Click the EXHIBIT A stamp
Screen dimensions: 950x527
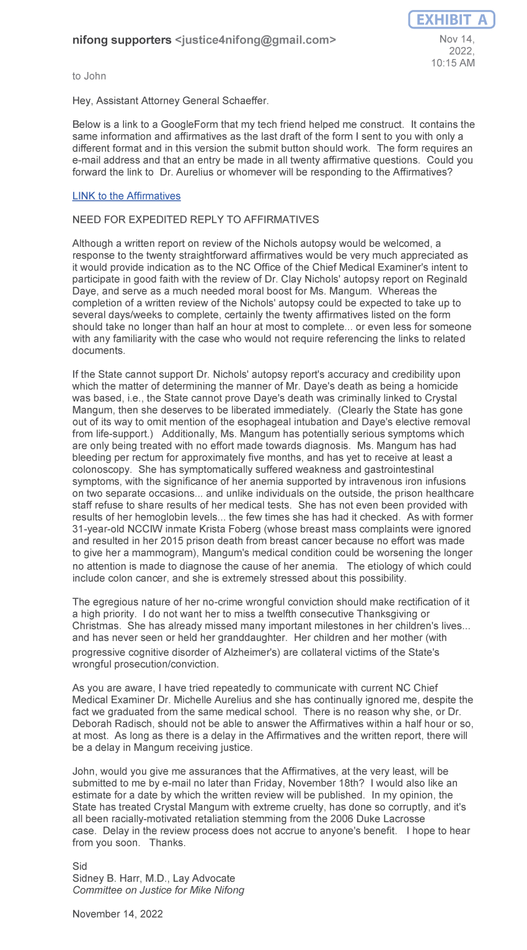pos(451,20)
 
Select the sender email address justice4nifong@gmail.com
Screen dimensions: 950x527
pos(255,40)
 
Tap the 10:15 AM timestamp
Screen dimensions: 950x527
pos(453,63)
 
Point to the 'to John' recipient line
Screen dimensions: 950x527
pos(89,76)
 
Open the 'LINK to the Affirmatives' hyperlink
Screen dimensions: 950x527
pos(126,195)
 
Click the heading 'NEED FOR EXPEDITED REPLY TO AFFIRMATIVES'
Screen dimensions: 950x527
pos(196,219)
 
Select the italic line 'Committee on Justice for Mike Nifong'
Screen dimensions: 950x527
pos(158,890)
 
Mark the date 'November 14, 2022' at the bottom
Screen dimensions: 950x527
pos(118,913)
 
